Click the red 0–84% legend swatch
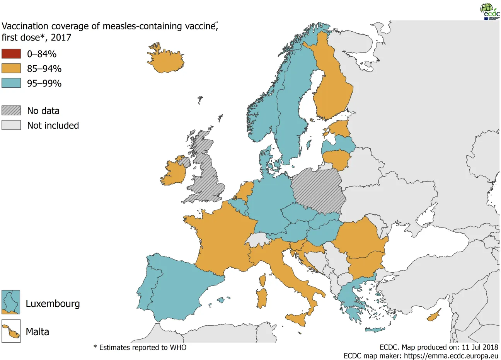pyautogui.click(x=11, y=54)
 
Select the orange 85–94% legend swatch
pyautogui.click(x=11, y=68)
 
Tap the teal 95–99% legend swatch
pyautogui.click(x=11, y=83)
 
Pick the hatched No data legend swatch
pyautogui.click(x=11, y=110)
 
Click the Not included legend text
pyautogui.click(x=53, y=126)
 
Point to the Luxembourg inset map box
pyautogui.click(x=11, y=302)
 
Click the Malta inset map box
pyautogui.click(x=11, y=331)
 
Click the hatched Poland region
pyautogui.click(x=319, y=191)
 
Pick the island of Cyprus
pyautogui.click(x=434, y=316)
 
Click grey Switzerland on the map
pyautogui.click(x=257, y=239)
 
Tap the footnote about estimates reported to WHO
pyautogui.click(x=140, y=348)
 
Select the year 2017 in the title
pyautogui.click(x=61, y=37)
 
